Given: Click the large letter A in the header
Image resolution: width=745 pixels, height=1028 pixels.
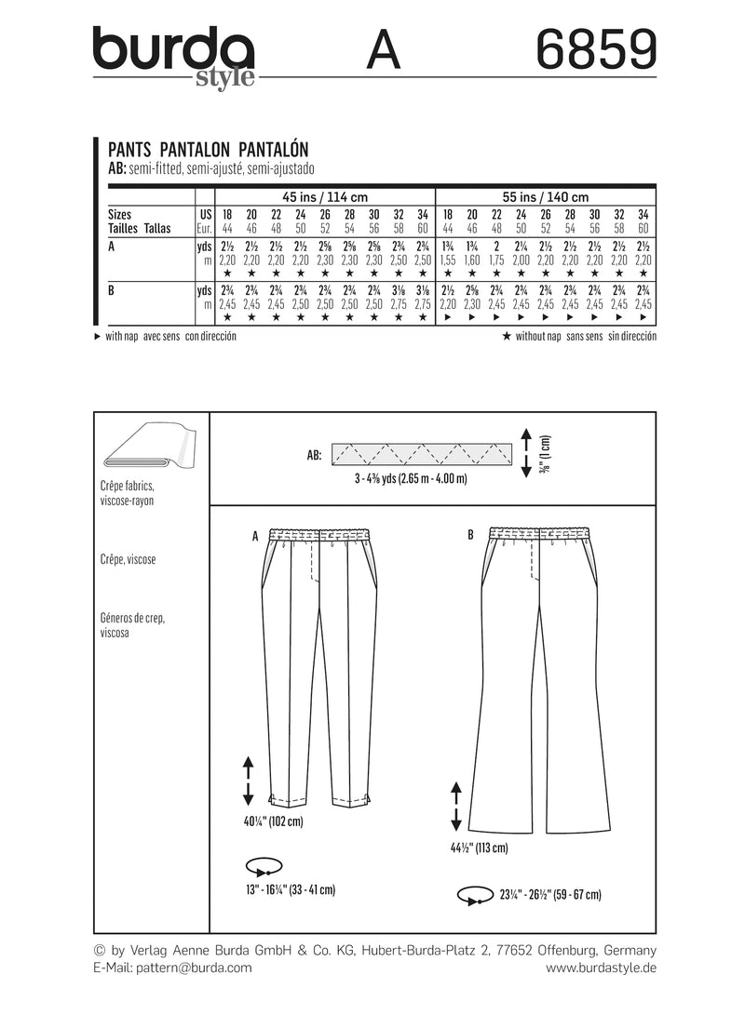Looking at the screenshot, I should point(384,51).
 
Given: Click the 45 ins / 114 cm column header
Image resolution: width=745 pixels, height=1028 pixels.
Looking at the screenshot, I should point(324,197).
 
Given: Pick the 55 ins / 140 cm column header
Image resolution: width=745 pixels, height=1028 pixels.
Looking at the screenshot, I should point(546,197).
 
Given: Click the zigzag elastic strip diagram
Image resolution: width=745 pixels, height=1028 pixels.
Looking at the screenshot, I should point(423,454).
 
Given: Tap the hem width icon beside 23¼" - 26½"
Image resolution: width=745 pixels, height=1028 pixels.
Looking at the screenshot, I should point(474,895).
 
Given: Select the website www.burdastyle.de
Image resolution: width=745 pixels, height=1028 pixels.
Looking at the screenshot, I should point(601,968).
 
